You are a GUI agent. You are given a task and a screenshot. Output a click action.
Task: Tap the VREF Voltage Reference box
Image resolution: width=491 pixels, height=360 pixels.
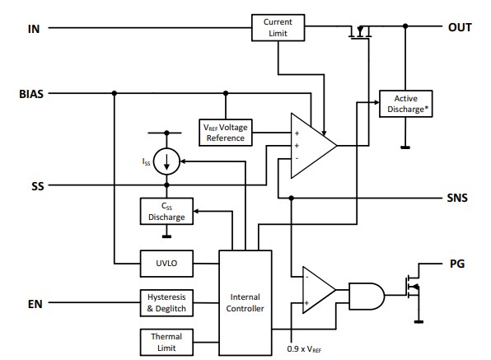coord(226,132)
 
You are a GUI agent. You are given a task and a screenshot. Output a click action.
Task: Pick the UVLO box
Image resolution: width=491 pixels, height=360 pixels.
coord(166,264)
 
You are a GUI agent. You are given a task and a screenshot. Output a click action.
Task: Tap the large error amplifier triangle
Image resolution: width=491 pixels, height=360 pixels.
coord(310,145)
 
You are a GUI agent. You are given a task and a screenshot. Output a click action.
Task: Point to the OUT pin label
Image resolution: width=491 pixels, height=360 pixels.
coord(459,27)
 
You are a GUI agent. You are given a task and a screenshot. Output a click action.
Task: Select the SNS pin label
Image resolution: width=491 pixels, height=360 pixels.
coord(456,199)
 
